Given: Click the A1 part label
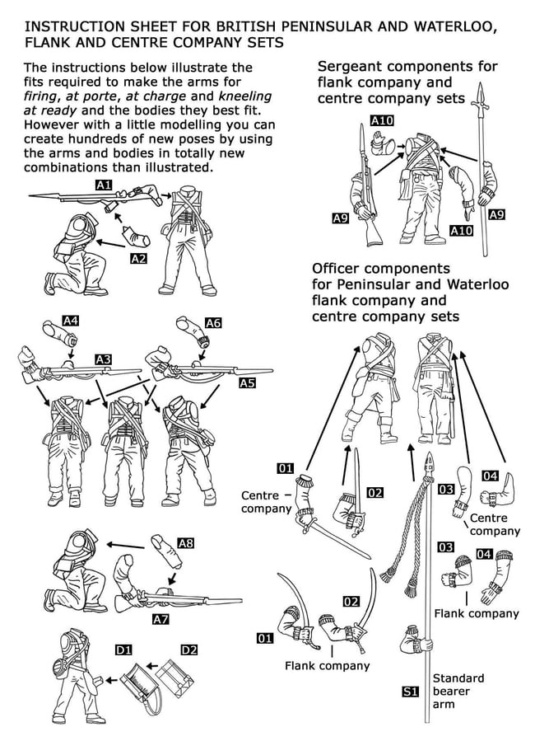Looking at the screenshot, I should pyautogui.click(x=104, y=185).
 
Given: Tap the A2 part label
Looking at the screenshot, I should pyautogui.click(x=139, y=259).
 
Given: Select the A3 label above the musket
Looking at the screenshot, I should pyautogui.click(x=103, y=359).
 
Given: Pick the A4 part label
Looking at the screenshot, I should pyautogui.click(x=71, y=321).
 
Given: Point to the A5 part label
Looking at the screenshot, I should pyautogui.click(x=248, y=383).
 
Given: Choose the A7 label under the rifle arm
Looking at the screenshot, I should pyautogui.click(x=160, y=619).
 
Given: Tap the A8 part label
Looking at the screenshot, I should pyautogui.click(x=185, y=543).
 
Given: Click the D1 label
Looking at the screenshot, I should pyautogui.click(x=123, y=650).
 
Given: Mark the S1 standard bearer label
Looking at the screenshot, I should pyautogui.click(x=410, y=692).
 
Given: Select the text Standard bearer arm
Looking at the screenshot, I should pyautogui.click(x=458, y=692).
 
